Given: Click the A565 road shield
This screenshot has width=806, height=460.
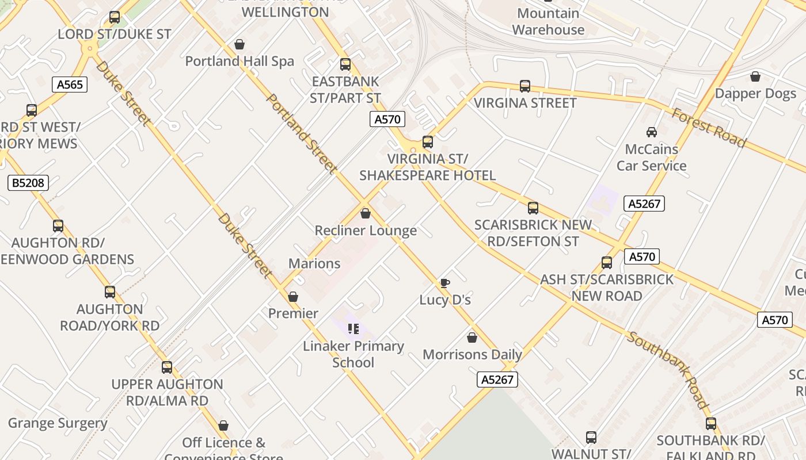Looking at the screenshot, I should (x=70, y=85).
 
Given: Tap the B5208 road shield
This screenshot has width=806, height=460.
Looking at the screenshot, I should (x=28, y=183).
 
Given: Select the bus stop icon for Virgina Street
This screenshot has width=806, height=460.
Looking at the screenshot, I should (x=525, y=86).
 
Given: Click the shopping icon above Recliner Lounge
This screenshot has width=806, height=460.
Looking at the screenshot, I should (x=365, y=214).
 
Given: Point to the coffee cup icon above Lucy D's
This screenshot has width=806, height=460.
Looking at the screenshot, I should (x=444, y=283).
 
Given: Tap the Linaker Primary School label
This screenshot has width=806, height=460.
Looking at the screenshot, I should (x=353, y=354).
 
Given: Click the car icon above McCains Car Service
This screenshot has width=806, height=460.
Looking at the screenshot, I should (x=652, y=132).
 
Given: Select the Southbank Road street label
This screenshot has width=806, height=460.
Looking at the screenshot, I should (x=668, y=370).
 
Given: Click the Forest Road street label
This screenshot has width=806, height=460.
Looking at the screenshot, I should (x=709, y=128).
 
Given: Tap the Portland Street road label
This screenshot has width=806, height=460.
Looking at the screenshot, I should (x=301, y=133).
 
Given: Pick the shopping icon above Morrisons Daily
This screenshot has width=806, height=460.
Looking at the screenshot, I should (x=472, y=338).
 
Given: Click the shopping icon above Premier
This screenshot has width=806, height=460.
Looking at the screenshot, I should (x=293, y=297).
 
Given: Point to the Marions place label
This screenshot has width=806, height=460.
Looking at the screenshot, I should (x=314, y=264).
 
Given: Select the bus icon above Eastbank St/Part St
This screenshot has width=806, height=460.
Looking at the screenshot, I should (x=345, y=64).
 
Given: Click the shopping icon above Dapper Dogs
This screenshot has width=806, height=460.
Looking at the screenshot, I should (x=755, y=76).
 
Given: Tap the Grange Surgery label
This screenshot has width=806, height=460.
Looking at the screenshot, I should (x=58, y=424).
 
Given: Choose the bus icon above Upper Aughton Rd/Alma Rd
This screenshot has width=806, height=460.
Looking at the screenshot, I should (x=167, y=367).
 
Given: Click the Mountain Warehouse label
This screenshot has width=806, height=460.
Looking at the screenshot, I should (x=548, y=21).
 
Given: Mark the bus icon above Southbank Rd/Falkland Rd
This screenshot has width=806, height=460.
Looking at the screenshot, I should (x=711, y=424).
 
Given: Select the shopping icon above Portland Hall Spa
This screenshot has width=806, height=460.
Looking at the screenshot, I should (x=239, y=44).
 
